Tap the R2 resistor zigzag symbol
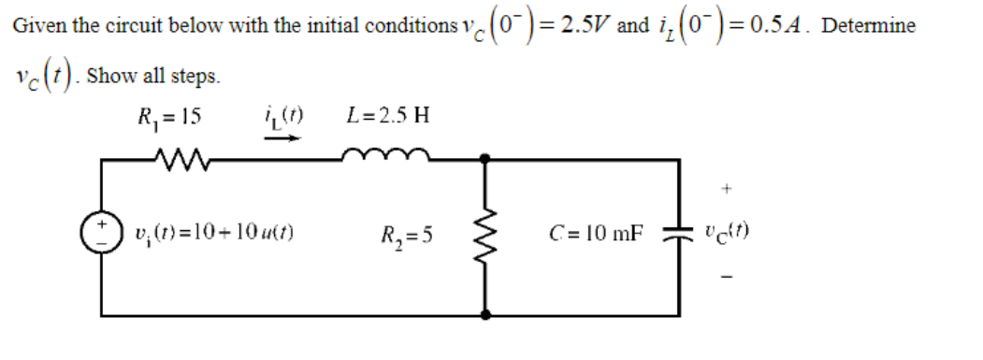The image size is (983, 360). [x=486, y=233]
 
